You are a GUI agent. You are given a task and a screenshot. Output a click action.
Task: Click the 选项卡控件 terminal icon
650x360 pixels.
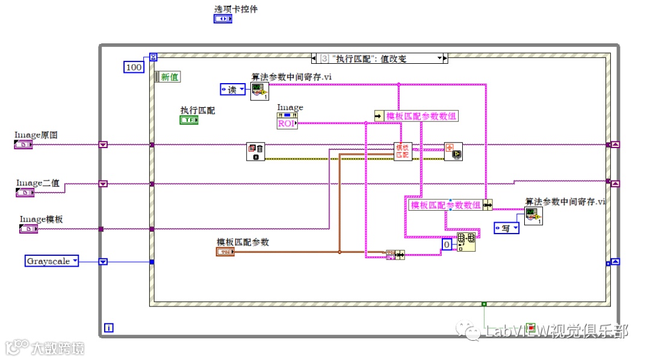coord(223,19)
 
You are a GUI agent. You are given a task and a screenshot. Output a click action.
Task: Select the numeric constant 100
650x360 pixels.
coord(134,67)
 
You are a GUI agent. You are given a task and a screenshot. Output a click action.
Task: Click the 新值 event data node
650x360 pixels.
coord(168,77)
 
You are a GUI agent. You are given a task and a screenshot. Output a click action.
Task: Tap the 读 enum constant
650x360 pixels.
coord(232,90)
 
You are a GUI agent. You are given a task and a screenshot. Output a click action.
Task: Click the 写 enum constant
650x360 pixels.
coord(506,228)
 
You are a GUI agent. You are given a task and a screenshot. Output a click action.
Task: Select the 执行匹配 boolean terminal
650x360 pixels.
coord(189,120)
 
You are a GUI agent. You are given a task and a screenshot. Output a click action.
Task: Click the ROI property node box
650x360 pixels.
coord(287,123)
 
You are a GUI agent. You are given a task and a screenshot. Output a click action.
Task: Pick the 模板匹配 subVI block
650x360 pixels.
coord(402,152)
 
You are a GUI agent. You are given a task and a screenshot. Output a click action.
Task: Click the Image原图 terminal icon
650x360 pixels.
coord(24,144)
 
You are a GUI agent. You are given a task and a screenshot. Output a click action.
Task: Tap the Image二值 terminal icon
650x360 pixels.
coord(25,193)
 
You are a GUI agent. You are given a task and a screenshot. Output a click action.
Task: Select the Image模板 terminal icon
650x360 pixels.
coord(29,229)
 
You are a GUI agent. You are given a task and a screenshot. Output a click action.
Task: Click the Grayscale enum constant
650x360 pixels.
coord(52,261)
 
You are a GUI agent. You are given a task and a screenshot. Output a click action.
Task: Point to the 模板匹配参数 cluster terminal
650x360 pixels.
coord(224,251)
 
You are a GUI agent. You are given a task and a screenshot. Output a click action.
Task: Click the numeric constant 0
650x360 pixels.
coord(447,245)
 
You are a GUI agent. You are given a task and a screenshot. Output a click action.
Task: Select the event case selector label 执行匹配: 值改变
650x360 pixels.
coord(380,58)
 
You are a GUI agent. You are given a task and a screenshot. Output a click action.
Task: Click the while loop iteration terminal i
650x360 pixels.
coord(109,328)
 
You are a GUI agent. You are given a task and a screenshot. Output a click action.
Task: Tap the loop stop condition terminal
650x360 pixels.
coord(530,327)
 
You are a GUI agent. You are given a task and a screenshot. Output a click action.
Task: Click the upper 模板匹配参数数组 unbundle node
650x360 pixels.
coord(416,116)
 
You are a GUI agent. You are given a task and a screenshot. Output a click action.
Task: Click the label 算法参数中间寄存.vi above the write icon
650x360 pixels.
coord(565,202)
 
